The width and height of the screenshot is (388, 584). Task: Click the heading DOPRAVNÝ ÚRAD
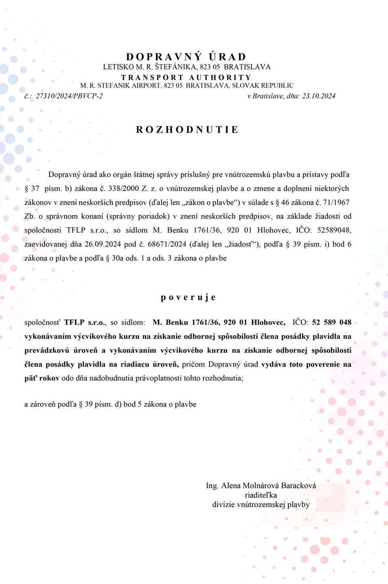tap(186, 57)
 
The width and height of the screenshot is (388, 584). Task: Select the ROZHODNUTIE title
tap(187, 129)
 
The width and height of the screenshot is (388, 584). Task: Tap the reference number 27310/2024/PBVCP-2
tap(69, 96)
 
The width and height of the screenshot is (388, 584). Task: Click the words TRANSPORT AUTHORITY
tap(186, 77)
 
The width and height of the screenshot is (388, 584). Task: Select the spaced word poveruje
tap(188, 297)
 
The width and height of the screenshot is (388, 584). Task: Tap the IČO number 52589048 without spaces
tap(334, 230)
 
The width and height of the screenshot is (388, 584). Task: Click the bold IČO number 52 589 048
tap(332, 322)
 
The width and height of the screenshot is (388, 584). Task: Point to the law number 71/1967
tap(336, 202)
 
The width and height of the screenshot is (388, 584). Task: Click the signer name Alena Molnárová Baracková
tap(268, 486)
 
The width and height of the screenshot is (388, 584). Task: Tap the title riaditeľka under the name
tap(261, 495)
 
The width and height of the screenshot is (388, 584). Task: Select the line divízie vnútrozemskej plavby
tap(261, 505)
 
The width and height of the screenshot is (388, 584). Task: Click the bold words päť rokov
tap(42, 378)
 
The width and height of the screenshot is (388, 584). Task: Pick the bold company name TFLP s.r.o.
tap(85, 322)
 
